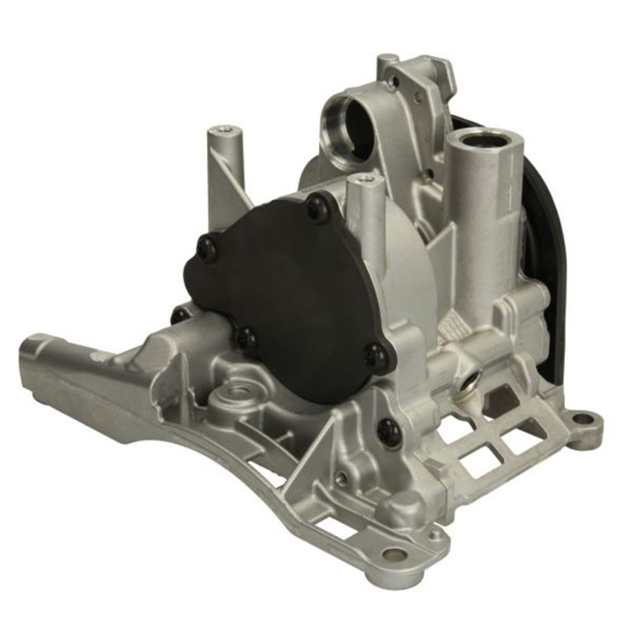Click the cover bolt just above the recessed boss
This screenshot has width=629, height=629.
pyautogui.click(x=246, y=337)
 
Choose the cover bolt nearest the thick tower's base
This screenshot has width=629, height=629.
pyautogui.click(x=376, y=356)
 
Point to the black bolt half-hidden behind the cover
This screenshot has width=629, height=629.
pyautogui.click(x=180, y=314)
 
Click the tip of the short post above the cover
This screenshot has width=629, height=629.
pyautogui.click(x=365, y=179)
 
